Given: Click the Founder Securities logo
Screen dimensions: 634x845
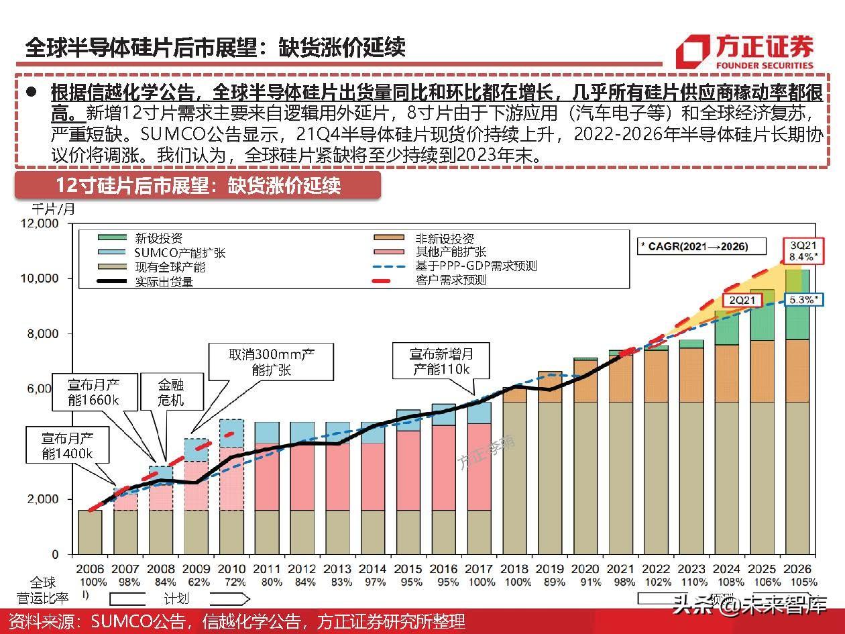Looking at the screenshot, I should [744, 51].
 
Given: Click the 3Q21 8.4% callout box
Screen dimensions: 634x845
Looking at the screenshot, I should [802, 250].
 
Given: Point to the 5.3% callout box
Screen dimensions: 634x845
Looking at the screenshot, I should [802, 300].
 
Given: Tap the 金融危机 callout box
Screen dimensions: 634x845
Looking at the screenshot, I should [171, 392].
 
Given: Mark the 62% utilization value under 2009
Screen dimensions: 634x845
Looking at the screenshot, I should [197, 582].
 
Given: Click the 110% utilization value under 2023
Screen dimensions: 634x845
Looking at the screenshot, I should [691, 582].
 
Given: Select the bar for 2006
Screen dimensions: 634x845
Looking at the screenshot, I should [90, 532].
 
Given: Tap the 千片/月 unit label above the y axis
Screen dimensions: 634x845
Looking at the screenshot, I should [54, 209].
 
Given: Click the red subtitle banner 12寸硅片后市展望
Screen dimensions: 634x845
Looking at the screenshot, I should [198, 185].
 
